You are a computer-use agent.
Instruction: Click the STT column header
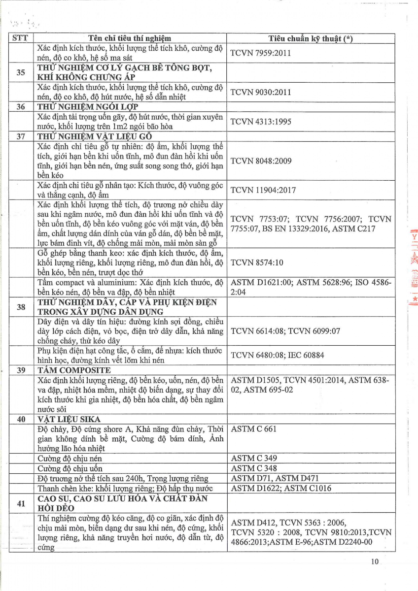[x=21, y=38]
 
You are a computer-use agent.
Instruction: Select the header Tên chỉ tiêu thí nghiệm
[x=130, y=38]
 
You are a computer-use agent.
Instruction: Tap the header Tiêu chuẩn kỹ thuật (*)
[x=311, y=38]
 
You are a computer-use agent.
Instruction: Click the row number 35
[x=21, y=72]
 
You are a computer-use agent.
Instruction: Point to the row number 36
[x=21, y=106]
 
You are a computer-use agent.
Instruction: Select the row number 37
[x=21, y=136]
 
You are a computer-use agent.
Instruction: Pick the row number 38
[x=21, y=307]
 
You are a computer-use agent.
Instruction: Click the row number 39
[x=21, y=370]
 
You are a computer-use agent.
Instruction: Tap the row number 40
[x=21, y=420]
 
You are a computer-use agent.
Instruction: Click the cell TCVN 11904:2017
[x=263, y=190]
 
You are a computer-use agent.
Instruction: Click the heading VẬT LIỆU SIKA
[x=69, y=420]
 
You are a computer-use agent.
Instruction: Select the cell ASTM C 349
[x=254, y=459]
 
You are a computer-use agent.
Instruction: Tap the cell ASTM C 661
[x=254, y=429]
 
